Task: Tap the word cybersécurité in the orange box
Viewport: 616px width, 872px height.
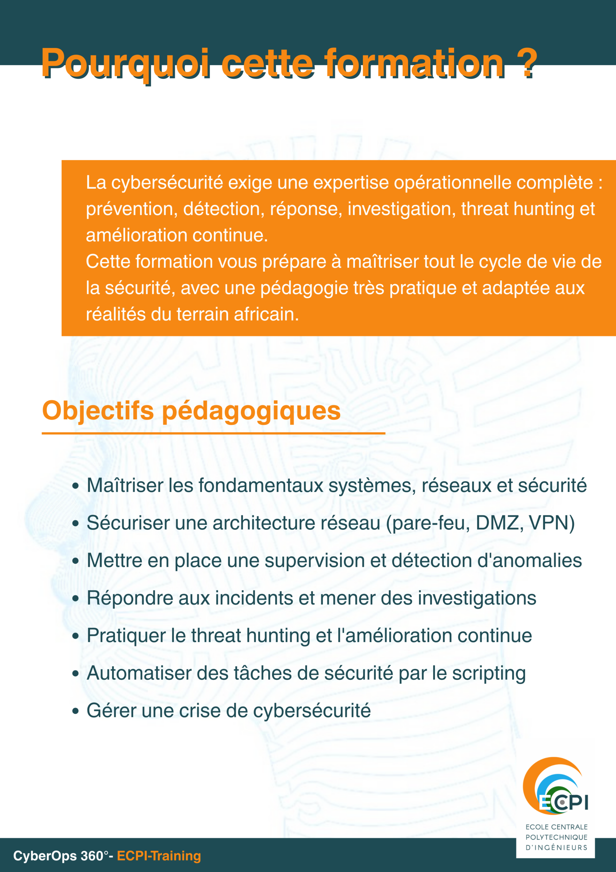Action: point(167,183)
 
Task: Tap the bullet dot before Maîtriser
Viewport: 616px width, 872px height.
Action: point(76,486)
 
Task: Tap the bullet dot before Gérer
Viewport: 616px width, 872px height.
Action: point(76,711)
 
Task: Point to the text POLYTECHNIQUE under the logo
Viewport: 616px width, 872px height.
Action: point(556,837)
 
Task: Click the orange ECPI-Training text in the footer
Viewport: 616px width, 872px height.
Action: point(159,856)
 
